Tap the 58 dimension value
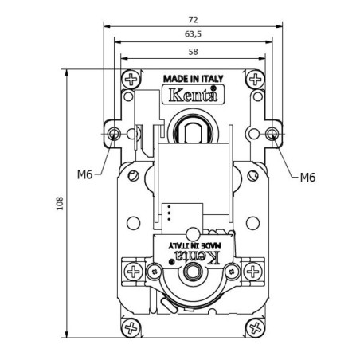[x=194, y=52]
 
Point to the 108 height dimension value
[x=60, y=204]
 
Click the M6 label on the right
[x=308, y=177]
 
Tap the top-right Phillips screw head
[x=255, y=80]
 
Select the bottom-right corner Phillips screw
[x=255, y=327]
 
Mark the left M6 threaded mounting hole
[x=115, y=132]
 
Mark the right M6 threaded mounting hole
[x=272, y=132]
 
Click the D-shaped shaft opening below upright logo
[x=193, y=129]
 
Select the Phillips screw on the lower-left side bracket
[x=132, y=272]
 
